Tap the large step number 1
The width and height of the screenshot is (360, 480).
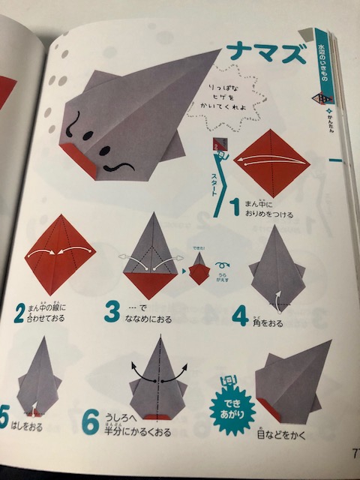pos(235,207)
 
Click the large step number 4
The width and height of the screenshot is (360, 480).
pos(239,315)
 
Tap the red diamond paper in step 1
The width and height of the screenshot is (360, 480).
pos(271,163)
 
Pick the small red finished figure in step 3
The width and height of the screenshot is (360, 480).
pos(197,271)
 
